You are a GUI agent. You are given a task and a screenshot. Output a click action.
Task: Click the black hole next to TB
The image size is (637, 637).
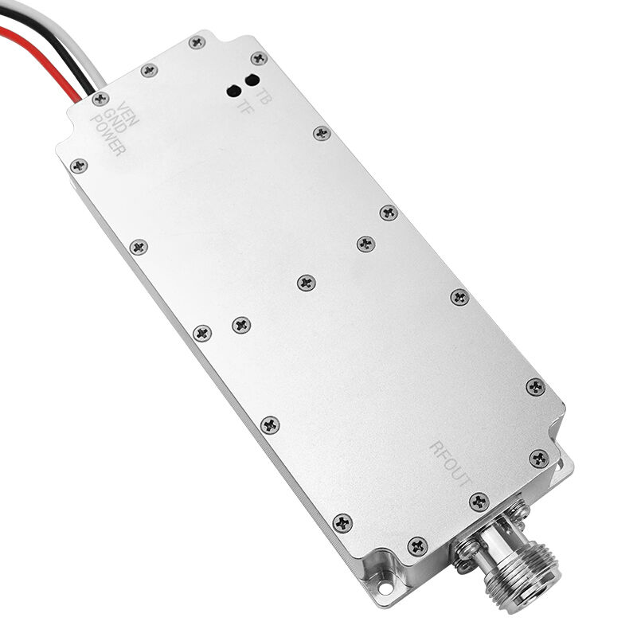[252, 79]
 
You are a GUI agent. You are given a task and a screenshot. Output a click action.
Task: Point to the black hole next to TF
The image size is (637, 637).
[235, 90]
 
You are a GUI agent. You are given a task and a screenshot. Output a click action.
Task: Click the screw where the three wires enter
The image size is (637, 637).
[100, 99]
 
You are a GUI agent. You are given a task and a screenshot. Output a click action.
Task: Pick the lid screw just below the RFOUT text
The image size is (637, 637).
[478, 502]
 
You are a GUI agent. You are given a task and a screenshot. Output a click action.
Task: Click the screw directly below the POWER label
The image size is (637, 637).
[77, 166]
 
